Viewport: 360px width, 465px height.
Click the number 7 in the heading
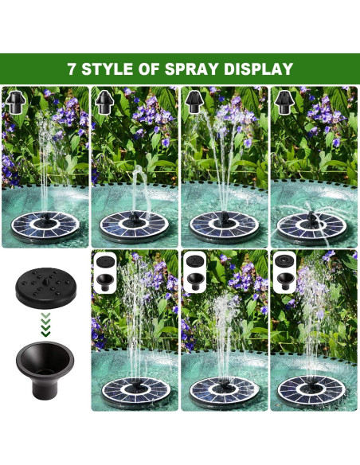click(x=72, y=69)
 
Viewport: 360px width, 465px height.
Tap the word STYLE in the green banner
click(x=110, y=69)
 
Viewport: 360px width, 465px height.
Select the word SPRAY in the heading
click(x=195, y=69)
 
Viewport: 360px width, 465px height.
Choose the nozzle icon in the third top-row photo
click(x=194, y=100)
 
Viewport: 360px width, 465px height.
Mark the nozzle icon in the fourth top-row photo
click(x=284, y=100)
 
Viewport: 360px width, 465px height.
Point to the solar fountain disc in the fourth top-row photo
click(x=314, y=226)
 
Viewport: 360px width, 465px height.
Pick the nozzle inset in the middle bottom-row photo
click(x=194, y=270)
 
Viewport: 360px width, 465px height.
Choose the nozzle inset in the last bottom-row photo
click(x=284, y=270)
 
